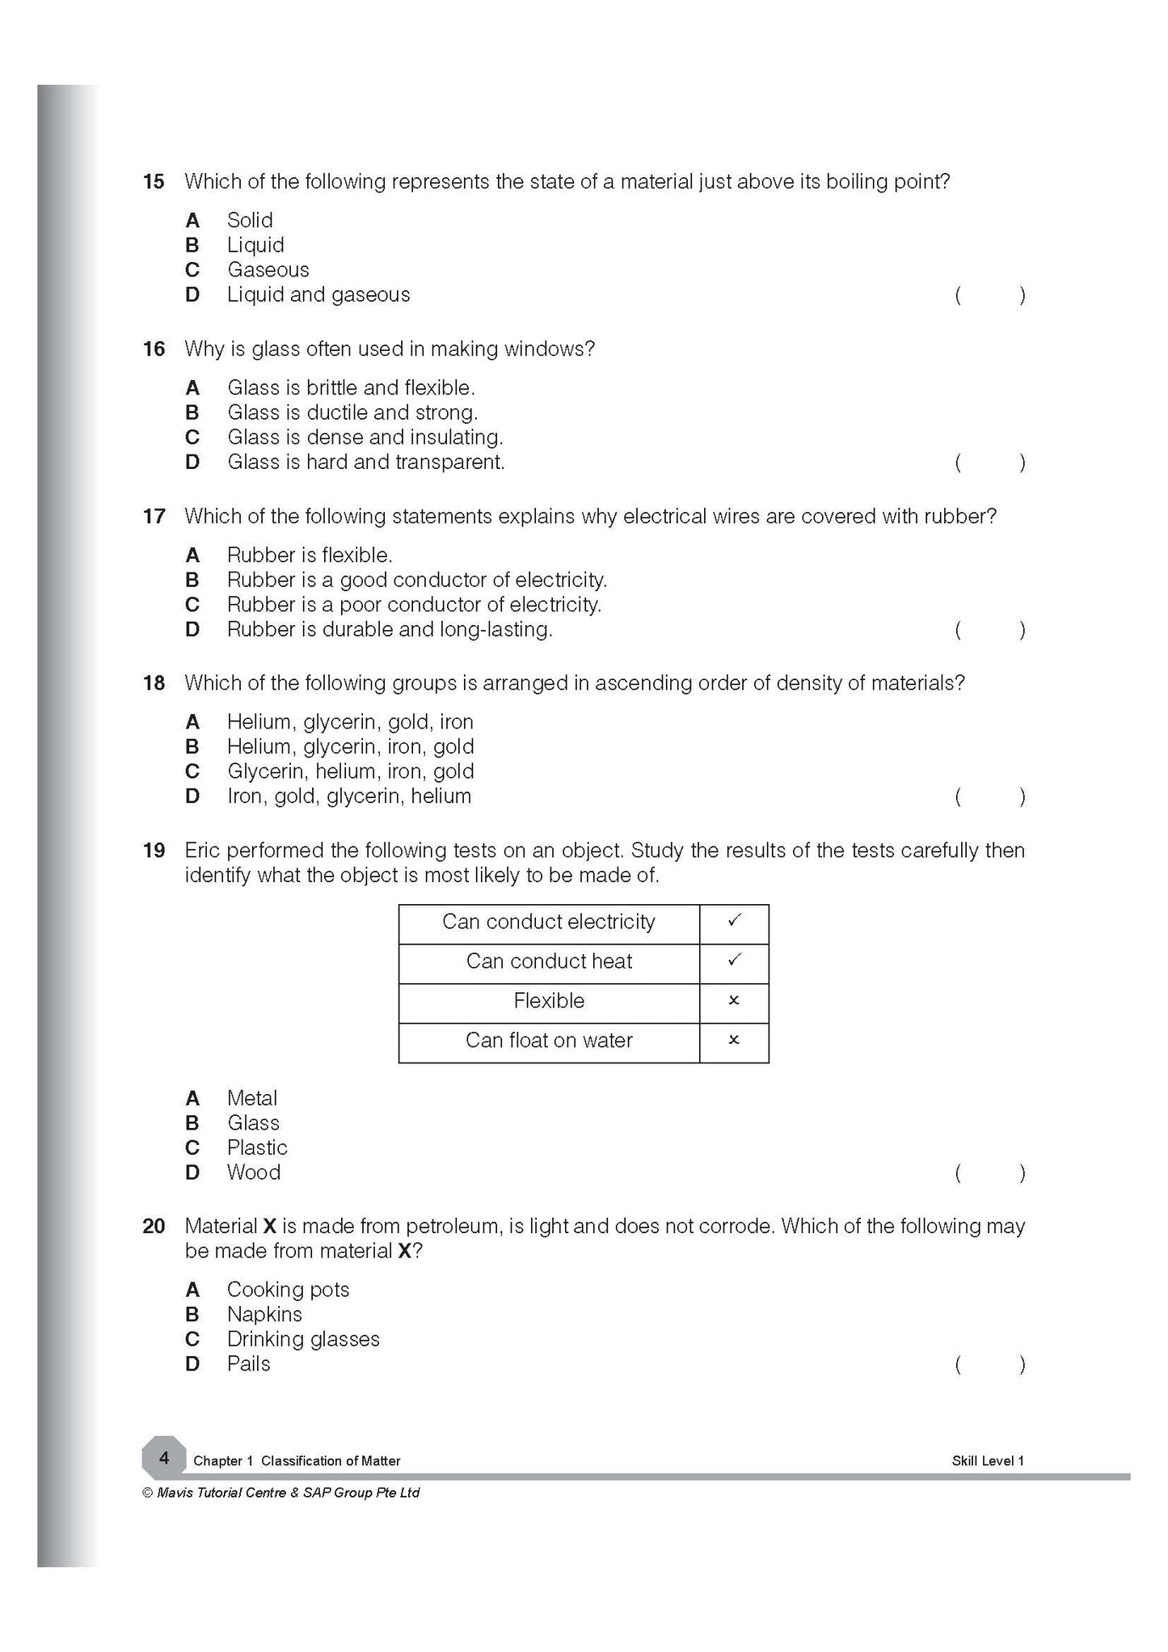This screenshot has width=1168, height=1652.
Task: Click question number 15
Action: point(153,182)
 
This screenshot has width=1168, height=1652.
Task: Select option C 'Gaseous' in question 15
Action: point(268,270)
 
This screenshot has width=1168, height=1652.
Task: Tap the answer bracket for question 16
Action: point(989,463)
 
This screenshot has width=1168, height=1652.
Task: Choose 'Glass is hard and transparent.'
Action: point(365,463)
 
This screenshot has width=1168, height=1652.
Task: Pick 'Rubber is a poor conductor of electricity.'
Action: point(414,605)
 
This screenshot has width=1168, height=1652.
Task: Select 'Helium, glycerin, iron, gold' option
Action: point(350,746)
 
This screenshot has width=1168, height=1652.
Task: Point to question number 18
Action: point(153,683)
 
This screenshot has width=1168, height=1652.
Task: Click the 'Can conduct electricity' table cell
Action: point(548,923)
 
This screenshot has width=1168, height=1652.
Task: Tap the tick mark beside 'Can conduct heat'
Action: point(734,961)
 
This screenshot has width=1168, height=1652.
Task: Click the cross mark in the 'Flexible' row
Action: point(734,1001)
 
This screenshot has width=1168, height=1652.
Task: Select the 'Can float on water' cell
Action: point(548,1041)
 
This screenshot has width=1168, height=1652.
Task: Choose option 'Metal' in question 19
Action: point(251,1098)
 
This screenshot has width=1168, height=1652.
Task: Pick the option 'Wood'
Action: point(253,1172)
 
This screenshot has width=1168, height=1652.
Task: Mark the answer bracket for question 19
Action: point(989,1173)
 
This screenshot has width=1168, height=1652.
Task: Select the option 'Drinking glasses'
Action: point(303,1339)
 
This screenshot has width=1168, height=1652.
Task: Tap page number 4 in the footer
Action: point(164,1458)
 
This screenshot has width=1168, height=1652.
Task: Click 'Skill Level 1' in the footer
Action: point(987,1461)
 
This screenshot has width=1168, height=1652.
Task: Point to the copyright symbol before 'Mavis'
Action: point(147,1494)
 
